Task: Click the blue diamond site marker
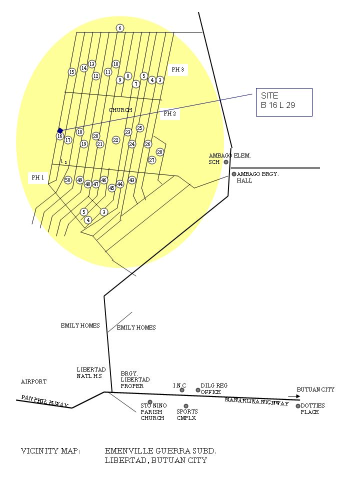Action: point(60,130)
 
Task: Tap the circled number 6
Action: point(119,28)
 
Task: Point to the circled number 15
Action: point(72,72)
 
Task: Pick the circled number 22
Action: point(115,140)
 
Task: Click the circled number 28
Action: point(160,152)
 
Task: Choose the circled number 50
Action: point(68,180)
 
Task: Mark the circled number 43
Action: point(132,180)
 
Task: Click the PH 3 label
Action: point(178,69)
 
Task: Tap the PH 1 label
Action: point(37,177)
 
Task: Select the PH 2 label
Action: point(170,113)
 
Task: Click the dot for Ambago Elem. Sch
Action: point(226,162)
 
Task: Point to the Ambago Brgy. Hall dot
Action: point(234,174)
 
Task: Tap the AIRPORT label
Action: point(33,381)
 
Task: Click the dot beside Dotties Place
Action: point(298,406)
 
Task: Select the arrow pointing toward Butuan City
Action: point(294,396)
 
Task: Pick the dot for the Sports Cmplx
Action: point(186,406)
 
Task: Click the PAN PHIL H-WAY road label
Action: point(44,401)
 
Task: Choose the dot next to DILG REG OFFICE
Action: point(198,390)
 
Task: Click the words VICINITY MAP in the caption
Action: point(50,451)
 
